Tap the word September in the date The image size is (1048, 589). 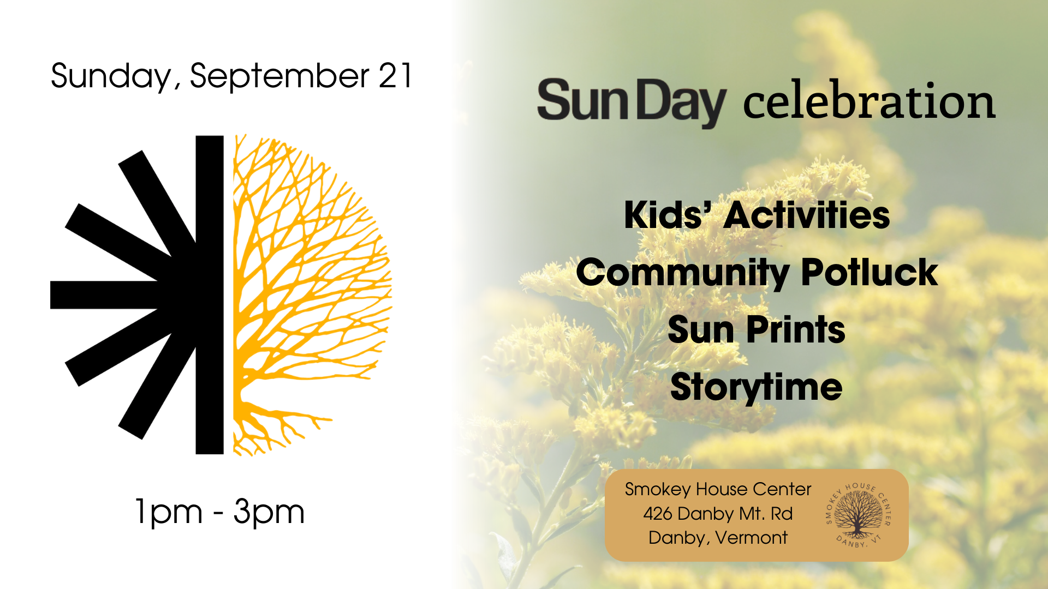(x=280, y=76)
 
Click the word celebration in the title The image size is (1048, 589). (x=870, y=100)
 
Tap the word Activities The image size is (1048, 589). (x=807, y=215)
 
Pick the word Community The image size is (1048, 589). (x=683, y=273)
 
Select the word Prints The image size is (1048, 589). (x=796, y=330)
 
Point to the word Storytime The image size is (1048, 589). (x=757, y=388)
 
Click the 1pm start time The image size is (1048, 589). (x=169, y=513)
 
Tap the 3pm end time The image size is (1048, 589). (x=269, y=513)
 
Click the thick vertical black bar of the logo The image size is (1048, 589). (x=210, y=294)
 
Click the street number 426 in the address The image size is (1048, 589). (x=658, y=514)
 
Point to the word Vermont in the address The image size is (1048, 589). (x=752, y=538)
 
